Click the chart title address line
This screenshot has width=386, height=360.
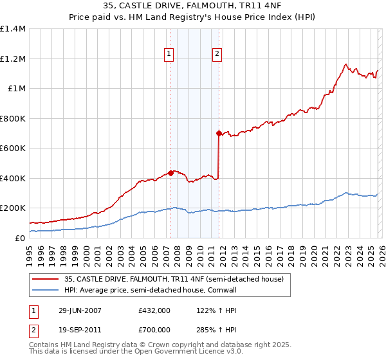pyautogui.click(x=192, y=7)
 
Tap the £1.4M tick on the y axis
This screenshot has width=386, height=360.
pyautogui.click(x=13, y=29)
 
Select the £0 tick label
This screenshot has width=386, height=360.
pyautogui.click(x=21, y=238)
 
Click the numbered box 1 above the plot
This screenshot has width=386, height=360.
pyautogui.click(x=169, y=55)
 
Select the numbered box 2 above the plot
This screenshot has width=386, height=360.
pyautogui.click(x=217, y=55)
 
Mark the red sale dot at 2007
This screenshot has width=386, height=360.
pyautogui.click(x=170, y=172)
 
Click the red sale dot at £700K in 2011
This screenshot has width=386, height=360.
pyautogui.click(x=219, y=133)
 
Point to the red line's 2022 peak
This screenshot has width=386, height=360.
pyautogui.click(x=346, y=64)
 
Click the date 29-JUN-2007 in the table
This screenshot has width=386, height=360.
pyautogui.click(x=80, y=310)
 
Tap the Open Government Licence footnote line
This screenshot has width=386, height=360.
pyautogui.click(x=136, y=353)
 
